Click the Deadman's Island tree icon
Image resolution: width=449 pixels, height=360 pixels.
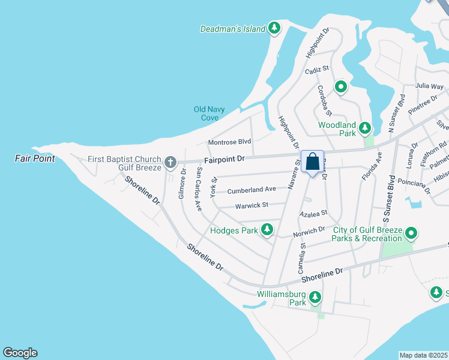coord(274,28)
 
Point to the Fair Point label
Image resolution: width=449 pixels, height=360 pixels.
coord(35,158)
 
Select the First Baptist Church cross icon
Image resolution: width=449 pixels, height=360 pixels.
coord(170,162)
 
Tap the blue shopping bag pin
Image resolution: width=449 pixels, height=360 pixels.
coord(312,162)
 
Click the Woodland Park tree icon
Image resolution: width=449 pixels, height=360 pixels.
coord(364,128)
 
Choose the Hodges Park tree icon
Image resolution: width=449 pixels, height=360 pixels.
coord(267,230)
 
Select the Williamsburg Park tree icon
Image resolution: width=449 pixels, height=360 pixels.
coord(314,297)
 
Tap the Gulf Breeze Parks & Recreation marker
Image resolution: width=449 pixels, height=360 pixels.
coord(411,233)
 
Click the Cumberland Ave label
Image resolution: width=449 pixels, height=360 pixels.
coord(252,190)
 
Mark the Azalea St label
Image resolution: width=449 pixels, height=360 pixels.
coord(313,213)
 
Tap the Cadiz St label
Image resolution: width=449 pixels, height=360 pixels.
coord(318,70)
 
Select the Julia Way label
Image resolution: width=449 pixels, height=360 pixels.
coord(429,86)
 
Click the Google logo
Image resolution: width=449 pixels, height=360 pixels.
coord(20,353)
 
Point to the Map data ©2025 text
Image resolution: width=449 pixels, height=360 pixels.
coord(423,355)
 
